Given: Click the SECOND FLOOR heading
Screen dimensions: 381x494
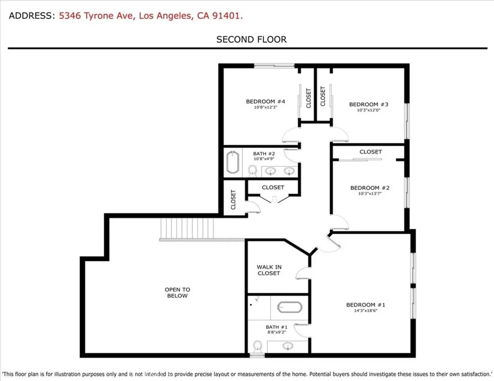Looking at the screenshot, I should point(251,40).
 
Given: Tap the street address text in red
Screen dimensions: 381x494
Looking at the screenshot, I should point(151,16).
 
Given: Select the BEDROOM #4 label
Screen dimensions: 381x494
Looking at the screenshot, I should point(265,101).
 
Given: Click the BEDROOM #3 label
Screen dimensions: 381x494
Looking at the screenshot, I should point(369,104).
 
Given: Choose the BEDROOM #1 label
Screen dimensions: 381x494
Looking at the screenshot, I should point(366,305).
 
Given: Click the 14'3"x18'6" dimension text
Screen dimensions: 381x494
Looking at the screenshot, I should point(366,312).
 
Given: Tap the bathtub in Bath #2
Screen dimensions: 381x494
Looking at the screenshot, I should point(233,163).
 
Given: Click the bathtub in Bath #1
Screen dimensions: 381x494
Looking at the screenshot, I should point(289,307).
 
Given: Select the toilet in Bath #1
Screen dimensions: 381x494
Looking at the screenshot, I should point(258,347).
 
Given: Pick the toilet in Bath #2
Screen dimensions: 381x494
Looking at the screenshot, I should point(252,170).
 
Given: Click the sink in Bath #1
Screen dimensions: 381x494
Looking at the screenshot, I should point(288,346).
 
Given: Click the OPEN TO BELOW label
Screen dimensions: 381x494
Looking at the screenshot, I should point(177,293).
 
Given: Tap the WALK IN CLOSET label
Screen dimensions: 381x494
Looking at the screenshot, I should point(269,270).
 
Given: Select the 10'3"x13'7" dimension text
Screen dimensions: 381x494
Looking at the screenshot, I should point(370,194).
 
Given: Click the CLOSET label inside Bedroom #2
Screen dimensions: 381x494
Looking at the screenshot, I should point(370,152).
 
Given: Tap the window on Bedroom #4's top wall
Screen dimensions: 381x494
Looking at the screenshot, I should point(274,66).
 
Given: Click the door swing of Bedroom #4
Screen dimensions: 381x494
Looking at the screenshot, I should point(290,135).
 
